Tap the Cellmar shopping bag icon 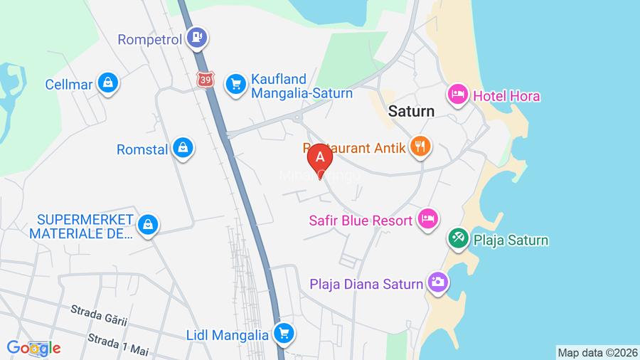tap(108, 83)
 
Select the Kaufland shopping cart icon tap(235, 85)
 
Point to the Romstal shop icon tap(183, 148)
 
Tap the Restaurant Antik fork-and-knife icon tap(421, 147)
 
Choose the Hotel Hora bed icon tap(457, 94)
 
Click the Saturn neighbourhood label tap(411, 112)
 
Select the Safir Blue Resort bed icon tap(427, 218)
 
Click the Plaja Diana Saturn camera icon tap(437, 283)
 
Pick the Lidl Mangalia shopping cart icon tap(284, 332)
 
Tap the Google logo tap(33, 348)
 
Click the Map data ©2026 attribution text tap(597, 352)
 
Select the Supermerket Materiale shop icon tap(147, 224)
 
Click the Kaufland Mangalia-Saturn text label tap(301, 86)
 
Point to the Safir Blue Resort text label tap(361, 221)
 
